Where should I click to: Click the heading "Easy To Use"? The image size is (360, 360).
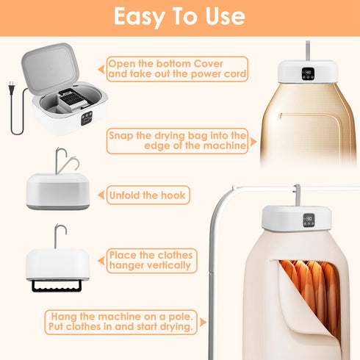pyautogui.click(x=180, y=17)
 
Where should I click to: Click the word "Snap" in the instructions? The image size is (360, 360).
pyautogui.click(x=123, y=135)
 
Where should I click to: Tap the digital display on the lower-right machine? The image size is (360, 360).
pyautogui.click(x=309, y=218)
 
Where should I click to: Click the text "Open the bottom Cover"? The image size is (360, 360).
pyautogui.click(x=156, y=64)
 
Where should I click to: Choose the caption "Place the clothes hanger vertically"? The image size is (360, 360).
pyautogui.click(x=150, y=260)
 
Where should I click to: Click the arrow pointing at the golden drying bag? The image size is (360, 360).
pyautogui.click(x=252, y=142)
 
